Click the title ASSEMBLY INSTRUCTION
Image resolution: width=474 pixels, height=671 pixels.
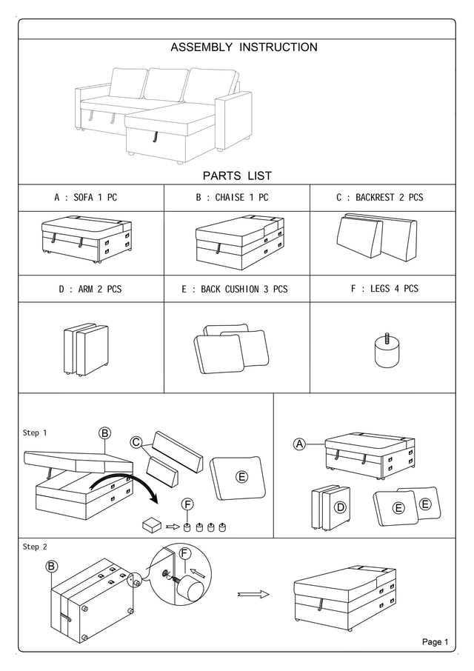point(244,47)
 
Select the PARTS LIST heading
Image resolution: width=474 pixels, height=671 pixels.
point(237,176)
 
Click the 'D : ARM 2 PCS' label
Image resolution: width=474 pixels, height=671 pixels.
point(90,289)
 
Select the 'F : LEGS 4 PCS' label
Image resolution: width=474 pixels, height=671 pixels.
point(383,288)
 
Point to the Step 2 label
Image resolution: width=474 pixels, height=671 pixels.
point(35,547)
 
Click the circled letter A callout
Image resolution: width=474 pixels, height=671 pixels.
point(300,444)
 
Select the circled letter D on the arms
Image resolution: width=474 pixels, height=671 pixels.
point(340,507)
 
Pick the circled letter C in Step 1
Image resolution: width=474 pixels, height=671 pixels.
point(136,443)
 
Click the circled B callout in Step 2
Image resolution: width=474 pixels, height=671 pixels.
point(52,567)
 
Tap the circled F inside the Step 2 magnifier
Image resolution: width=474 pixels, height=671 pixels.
point(184,553)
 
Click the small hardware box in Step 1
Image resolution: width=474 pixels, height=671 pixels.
point(153,525)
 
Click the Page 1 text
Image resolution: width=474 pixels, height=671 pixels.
point(435,642)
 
